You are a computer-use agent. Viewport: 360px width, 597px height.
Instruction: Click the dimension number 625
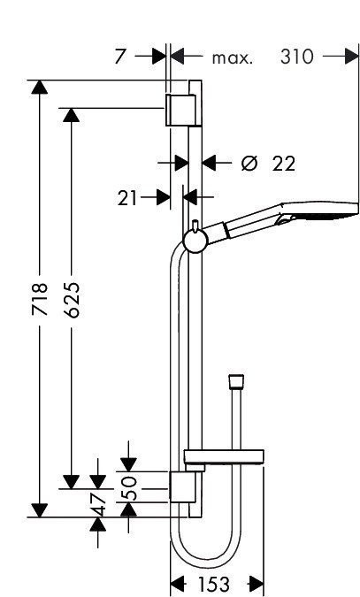click(73, 302)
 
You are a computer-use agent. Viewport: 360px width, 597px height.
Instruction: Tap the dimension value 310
click(296, 57)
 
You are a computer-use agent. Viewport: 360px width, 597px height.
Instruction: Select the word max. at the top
click(233, 58)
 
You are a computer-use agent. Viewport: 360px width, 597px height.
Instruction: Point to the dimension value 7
click(120, 57)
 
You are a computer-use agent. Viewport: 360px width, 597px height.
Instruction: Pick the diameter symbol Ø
click(249, 163)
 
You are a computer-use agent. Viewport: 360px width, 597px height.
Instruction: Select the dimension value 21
click(128, 198)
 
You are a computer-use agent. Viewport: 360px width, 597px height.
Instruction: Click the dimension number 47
click(98, 504)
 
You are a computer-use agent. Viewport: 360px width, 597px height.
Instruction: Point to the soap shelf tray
click(223, 458)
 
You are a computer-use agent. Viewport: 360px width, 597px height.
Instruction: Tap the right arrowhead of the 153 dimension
click(257, 584)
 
